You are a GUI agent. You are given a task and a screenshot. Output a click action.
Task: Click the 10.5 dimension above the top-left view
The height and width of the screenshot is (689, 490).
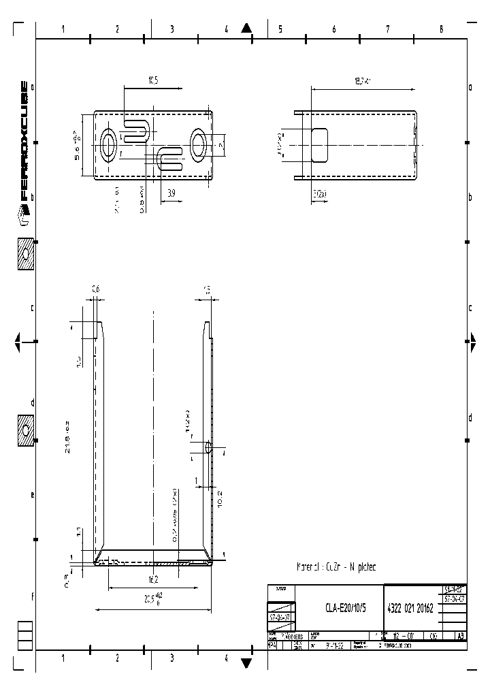pos(152,81)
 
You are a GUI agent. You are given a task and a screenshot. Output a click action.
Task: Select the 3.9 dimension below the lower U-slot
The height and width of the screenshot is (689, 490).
pos(171,194)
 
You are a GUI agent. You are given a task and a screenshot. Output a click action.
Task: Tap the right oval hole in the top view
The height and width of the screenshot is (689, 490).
pos(199,144)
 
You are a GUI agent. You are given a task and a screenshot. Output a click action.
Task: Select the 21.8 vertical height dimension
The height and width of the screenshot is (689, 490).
pos(68,436)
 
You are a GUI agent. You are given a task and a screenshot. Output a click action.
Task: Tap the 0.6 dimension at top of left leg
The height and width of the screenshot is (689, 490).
pos(95,290)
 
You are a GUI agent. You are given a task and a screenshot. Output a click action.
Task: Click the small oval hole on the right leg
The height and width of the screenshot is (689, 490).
pos(208,448)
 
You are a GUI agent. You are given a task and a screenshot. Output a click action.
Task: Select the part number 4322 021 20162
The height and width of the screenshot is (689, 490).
pos(410,609)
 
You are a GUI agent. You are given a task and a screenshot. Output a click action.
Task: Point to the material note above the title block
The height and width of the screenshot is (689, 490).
pos(336,566)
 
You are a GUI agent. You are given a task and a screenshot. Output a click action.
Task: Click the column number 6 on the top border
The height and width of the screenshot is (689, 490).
pos(333,29)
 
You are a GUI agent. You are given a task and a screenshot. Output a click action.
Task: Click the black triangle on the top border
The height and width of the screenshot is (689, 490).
pos(247,28)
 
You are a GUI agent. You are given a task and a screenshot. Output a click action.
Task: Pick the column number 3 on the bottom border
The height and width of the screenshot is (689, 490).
pos(171,658)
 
